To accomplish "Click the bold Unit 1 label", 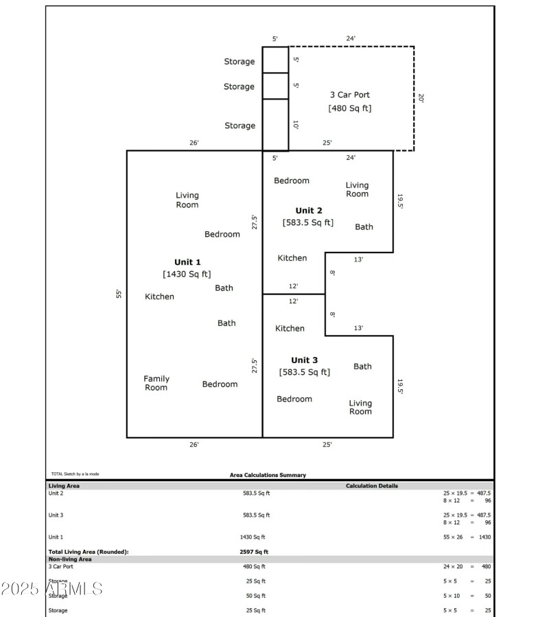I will click(187, 262).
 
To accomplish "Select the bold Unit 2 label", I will click(308, 211).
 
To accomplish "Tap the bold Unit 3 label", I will click(304, 360).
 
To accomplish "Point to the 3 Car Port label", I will click(350, 95).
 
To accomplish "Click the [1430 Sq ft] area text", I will click(187, 274).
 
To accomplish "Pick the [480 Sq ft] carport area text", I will click(350, 108).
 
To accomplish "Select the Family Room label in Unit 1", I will click(156, 383).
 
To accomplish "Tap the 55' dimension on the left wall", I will click(119, 294).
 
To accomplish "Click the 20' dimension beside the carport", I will click(421, 98).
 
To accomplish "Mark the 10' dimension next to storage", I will click(296, 125).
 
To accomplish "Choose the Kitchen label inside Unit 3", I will click(290, 328).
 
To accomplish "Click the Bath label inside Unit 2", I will click(364, 226).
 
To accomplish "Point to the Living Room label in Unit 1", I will click(187, 200).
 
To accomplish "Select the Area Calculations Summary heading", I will click(268, 475).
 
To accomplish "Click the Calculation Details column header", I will click(371, 486).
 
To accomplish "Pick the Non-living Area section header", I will click(70, 559).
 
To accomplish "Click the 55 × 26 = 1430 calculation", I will click(467, 537).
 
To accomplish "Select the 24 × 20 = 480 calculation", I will click(467, 567).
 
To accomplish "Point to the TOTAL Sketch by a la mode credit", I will click(75, 474).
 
